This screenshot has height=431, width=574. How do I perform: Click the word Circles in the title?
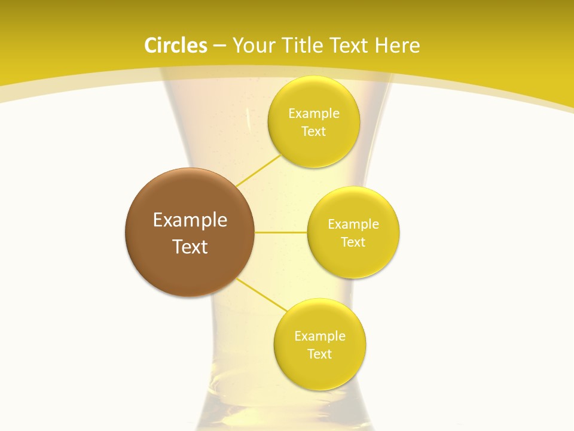pyautogui.click(x=176, y=45)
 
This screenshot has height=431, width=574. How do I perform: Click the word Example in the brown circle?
pyautogui.click(x=190, y=220)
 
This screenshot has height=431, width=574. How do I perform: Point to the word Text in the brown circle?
pyautogui.click(x=190, y=247)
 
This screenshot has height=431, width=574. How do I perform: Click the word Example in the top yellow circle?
pyautogui.click(x=314, y=114)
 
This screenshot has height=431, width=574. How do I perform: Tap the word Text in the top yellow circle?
pyautogui.click(x=313, y=132)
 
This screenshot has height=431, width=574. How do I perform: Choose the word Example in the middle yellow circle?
pyautogui.click(x=353, y=224)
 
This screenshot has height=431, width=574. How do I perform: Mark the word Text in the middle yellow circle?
pyautogui.click(x=353, y=242)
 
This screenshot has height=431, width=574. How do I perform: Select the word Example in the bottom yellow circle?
pyautogui.click(x=320, y=336)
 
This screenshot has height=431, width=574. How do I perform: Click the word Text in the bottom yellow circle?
pyautogui.click(x=320, y=354)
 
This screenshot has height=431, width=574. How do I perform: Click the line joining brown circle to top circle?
pyautogui.click(x=258, y=170)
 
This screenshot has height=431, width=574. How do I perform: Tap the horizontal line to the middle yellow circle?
pyautogui.click(x=281, y=232)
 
